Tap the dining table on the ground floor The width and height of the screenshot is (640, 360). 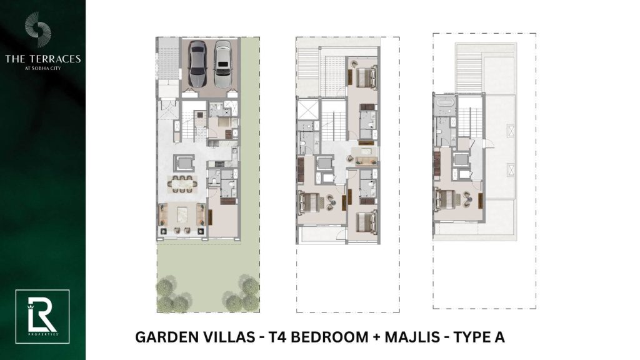(183, 184)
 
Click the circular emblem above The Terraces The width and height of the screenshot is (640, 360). (37, 29)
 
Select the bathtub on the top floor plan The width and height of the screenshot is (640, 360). (444, 102)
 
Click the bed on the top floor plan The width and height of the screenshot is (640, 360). (444, 200)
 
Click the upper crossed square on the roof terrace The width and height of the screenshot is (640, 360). (511, 131)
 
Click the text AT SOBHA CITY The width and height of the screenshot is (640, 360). (43, 68)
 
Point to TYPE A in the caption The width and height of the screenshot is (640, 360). (479, 337)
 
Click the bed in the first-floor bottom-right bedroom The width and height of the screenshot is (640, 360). (366, 223)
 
